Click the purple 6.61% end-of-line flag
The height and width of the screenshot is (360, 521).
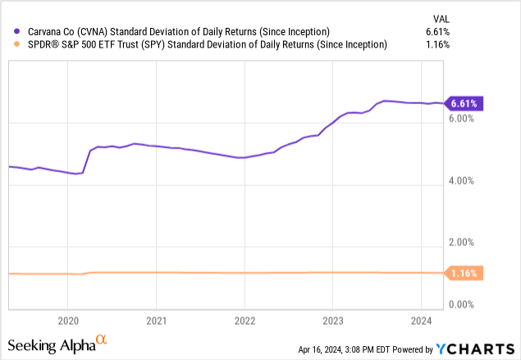[464, 103]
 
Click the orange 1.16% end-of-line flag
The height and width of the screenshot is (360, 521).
[464, 272]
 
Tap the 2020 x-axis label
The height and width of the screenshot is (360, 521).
[68, 320]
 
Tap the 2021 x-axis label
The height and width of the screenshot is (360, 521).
[157, 320]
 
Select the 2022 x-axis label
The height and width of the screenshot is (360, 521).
[245, 320]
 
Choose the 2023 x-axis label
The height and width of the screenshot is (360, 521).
[332, 320]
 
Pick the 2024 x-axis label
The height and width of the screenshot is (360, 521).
[420, 320]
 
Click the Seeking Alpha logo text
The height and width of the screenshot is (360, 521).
[56, 344]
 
